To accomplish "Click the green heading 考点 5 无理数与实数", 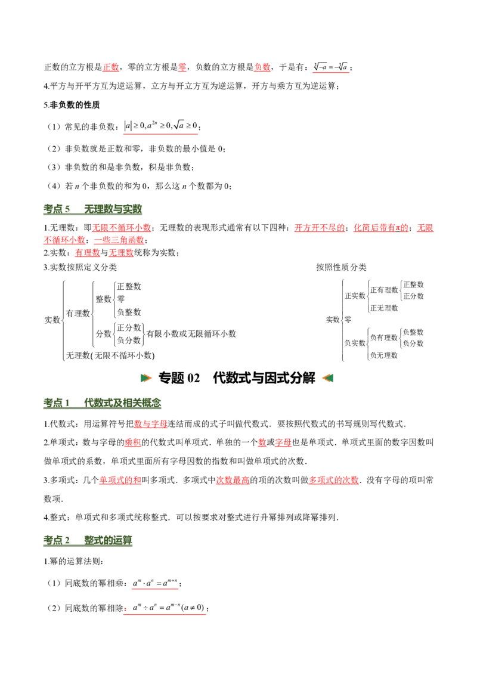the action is coord(92,209).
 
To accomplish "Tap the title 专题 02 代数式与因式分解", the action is coord(237,378).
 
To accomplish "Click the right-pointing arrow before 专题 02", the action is coord(146,378).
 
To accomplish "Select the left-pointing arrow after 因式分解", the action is coord(327,378).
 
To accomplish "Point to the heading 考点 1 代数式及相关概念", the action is coord(103,403).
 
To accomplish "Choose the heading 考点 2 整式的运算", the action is coord(88,540).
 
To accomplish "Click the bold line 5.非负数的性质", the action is coord(72,105).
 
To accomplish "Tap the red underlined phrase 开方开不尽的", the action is coord(320,228).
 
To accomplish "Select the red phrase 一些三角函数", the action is coord(119,240).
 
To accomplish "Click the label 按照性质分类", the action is coord(342,267).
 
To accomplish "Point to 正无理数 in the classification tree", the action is coord(384,308).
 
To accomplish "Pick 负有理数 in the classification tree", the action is coord(384,337).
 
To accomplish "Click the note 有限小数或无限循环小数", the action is coord(191,334).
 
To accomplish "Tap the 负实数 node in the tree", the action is coord(355,343).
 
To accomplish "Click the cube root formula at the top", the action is coord(331,67).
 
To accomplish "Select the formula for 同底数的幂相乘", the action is coord(155,583).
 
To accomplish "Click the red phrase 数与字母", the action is coord(151,424).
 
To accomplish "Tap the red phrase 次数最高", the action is coord(233,480).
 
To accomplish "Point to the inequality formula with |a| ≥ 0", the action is coord(160,126).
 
